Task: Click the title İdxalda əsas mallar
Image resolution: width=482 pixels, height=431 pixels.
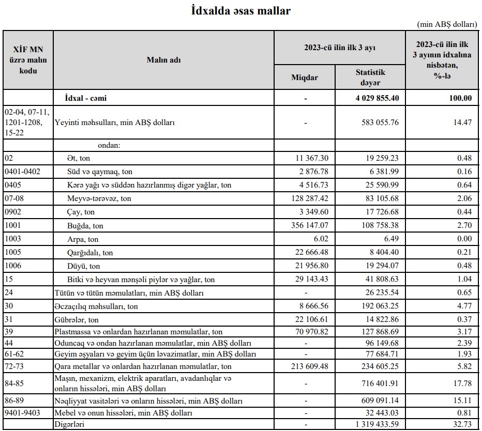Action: pyautogui.click(x=240, y=11)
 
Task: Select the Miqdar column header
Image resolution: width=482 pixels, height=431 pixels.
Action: pyautogui.click(x=305, y=78)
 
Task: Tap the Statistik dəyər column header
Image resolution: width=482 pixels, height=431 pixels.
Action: pyautogui.click(x=370, y=77)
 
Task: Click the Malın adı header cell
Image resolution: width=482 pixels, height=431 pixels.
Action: pyautogui.click(x=163, y=60)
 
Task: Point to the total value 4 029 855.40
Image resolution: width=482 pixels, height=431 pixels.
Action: pyautogui.click(x=376, y=98)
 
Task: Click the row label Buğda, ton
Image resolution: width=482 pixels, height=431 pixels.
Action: pyautogui.click(x=85, y=226)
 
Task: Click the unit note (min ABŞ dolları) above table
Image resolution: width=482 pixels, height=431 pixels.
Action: pyautogui.click(x=447, y=24)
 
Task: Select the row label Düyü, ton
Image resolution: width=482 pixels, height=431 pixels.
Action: pyautogui.click(x=84, y=266)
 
